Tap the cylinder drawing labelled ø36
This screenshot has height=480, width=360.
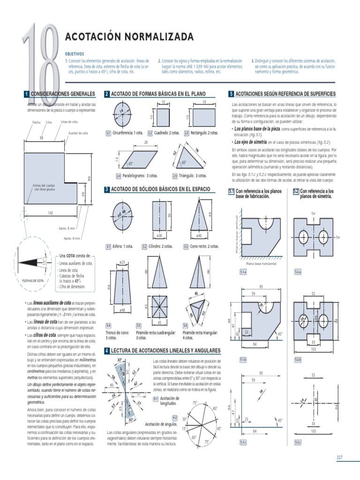(159, 215)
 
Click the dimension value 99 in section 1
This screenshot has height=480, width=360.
(41, 138)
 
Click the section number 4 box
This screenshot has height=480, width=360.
(107, 350)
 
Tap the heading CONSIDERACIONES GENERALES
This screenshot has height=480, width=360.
(64, 94)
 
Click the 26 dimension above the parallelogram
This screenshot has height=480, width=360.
(146, 142)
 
